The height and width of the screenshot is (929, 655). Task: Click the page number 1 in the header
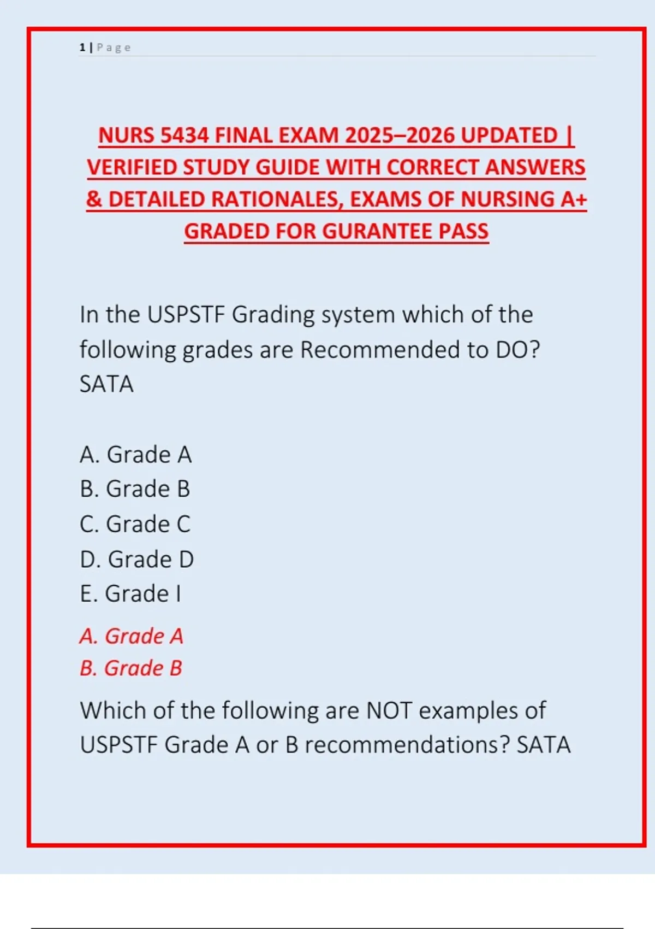(82, 48)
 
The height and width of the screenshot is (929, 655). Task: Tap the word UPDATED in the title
(509, 136)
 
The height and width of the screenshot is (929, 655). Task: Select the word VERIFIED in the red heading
(132, 167)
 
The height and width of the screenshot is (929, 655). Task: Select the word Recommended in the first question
(380, 350)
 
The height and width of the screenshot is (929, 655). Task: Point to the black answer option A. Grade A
(135, 455)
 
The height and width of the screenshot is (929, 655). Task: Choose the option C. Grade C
(135, 524)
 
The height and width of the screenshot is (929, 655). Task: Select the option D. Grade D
(136, 559)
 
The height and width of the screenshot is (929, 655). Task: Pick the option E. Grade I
(130, 593)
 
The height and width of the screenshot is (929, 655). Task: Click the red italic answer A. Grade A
(131, 636)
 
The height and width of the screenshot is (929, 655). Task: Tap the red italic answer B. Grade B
(130, 668)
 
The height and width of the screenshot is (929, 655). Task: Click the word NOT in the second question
(389, 710)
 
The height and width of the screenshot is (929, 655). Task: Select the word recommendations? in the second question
(407, 745)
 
